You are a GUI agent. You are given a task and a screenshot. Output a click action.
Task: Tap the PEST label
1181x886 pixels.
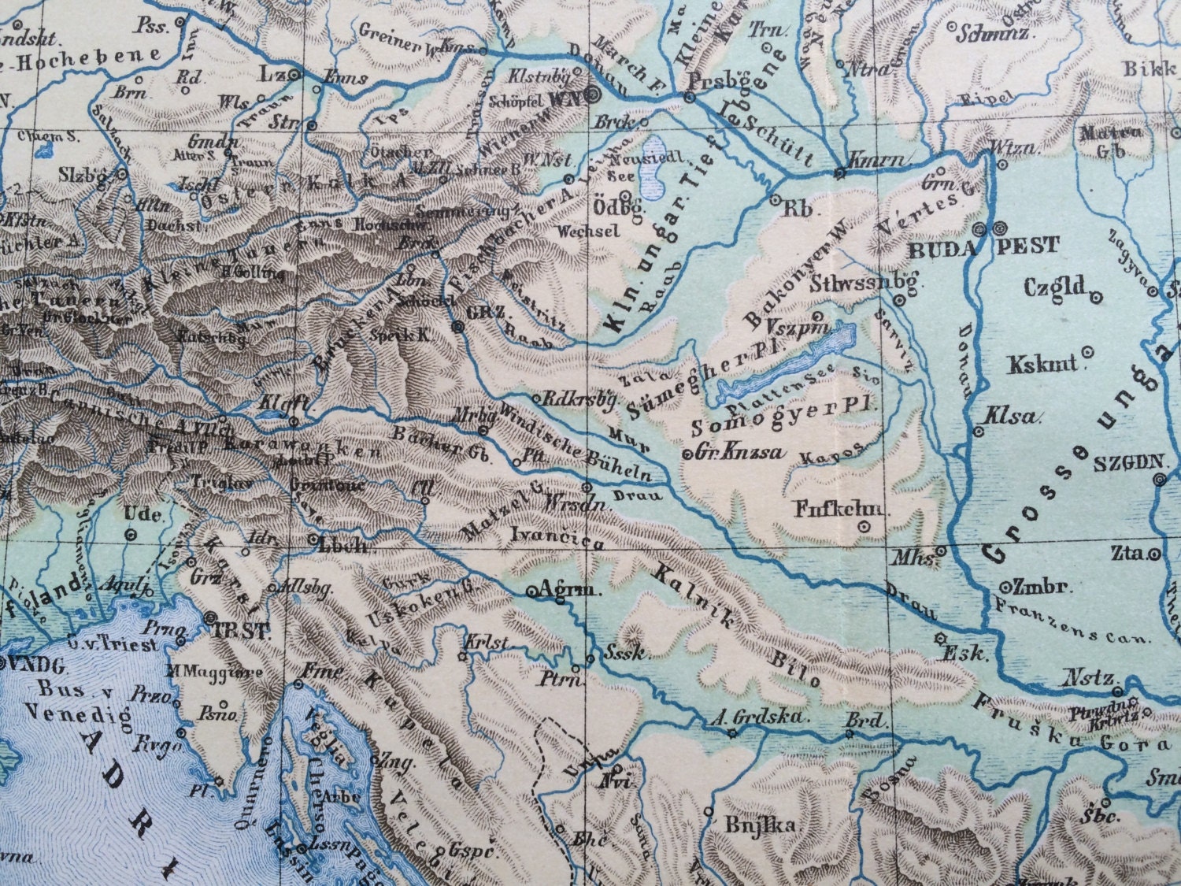coord(1029,247)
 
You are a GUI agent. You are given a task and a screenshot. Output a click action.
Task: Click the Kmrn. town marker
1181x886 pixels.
coord(840,172)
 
